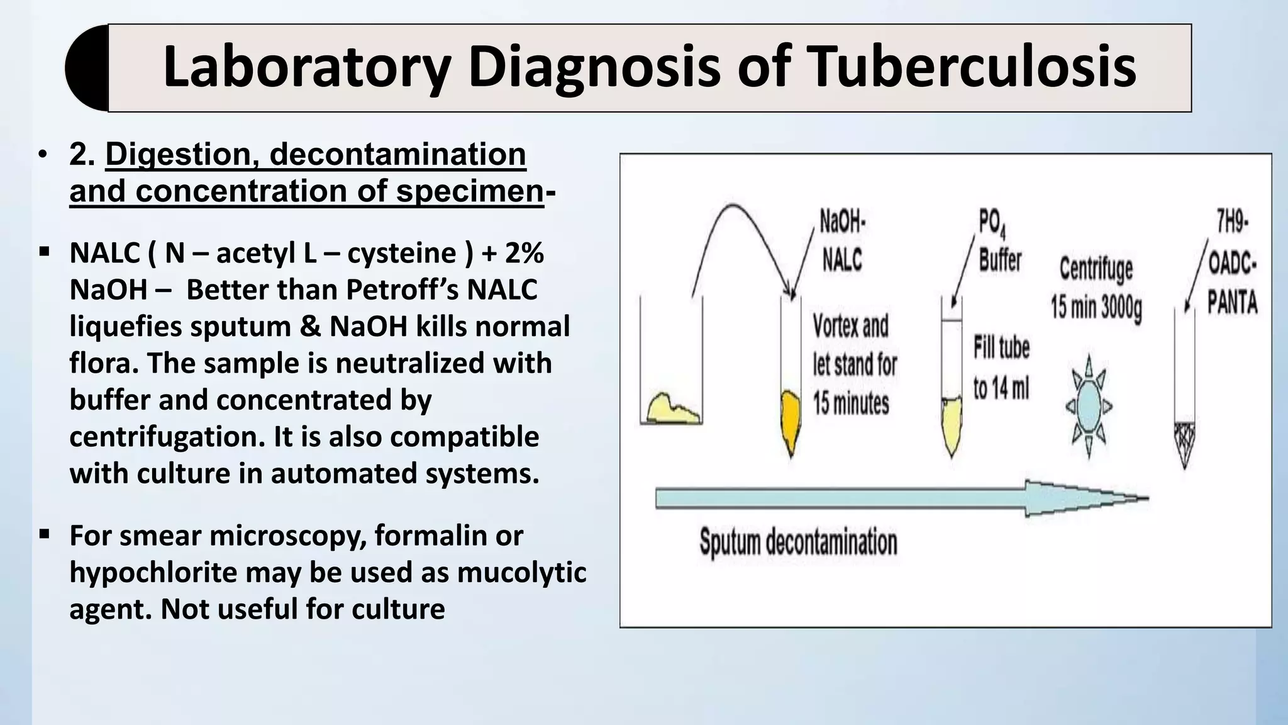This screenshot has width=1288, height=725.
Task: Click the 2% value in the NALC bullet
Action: [x=524, y=253]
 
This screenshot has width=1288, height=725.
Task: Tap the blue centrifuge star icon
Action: [x=1089, y=406]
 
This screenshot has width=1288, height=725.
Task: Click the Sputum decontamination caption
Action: [x=798, y=542]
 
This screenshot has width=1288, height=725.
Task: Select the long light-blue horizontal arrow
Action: [x=880, y=498]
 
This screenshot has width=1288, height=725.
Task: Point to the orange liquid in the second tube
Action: [x=790, y=419]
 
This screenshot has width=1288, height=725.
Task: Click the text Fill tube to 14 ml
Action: [x=1001, y=368]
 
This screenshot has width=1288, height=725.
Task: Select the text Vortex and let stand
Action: [x=854, y=364]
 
